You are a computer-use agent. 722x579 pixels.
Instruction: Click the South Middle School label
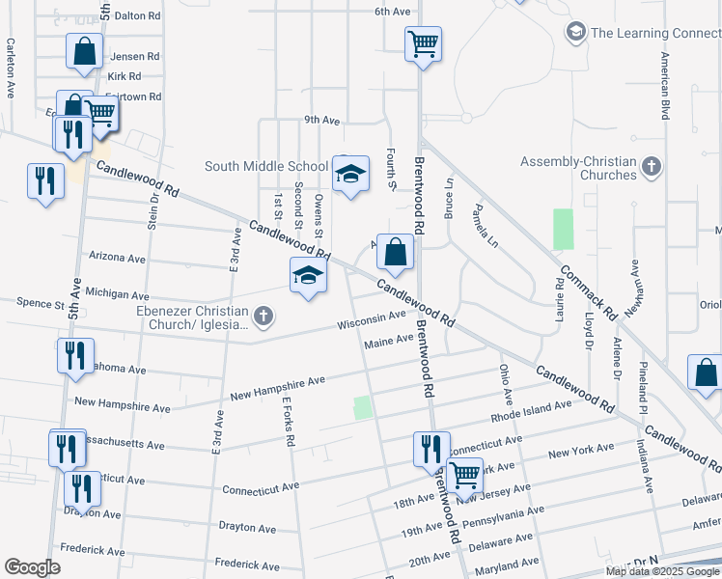pyautogui.click(x=267, y=166)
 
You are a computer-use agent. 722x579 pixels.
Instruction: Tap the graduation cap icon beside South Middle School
pyautogui.click(x=351, y=174)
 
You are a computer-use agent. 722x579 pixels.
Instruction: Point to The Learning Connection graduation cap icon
pyautogui.click(x=575, y=33)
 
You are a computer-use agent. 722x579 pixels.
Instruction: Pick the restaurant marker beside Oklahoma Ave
pyautogui.click(x=74, y=354)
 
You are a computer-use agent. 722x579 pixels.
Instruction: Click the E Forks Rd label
pyautogui.click(x=289, y=422)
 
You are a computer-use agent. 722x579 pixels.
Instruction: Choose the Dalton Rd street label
pyautogui.click(x=135, y=15)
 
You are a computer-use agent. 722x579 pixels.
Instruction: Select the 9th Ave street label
pyautogui.click(x=321, y=121)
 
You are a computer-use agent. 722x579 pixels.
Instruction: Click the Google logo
pyautogui.click(x=32, y=567)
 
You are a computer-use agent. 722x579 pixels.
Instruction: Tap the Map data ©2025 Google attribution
pyautogui.click(x=662, y=571)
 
